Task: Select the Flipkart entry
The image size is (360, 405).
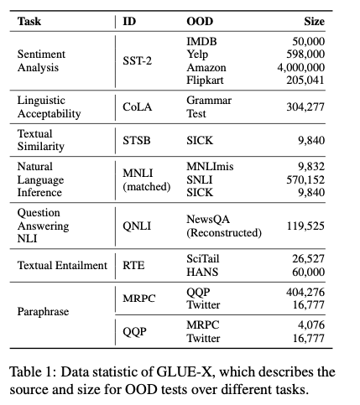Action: [x=205, y=80]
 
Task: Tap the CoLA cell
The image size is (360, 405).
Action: [x=137, y=106]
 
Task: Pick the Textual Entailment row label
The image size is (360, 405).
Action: [x=61, y=266]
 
